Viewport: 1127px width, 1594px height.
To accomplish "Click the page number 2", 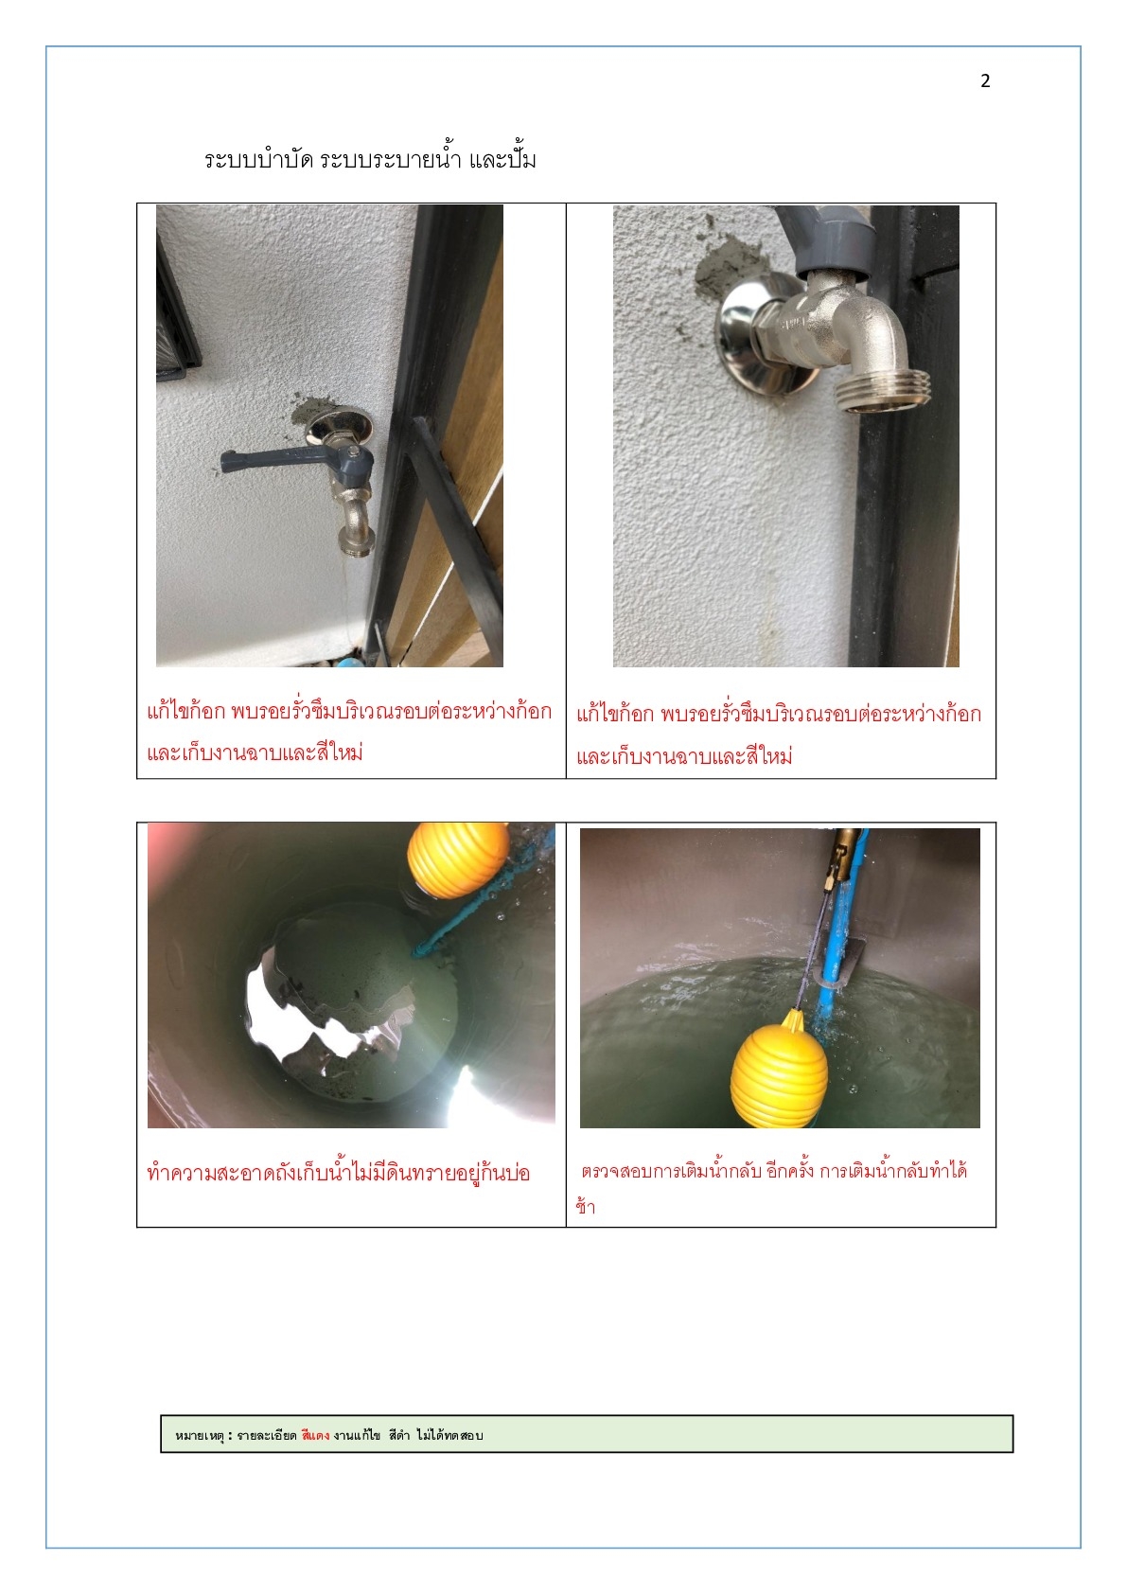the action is tap(985, 81).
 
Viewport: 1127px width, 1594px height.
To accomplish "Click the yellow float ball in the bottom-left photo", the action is tap(457, 859).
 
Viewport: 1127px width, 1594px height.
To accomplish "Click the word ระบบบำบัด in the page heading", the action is tap(258, 159).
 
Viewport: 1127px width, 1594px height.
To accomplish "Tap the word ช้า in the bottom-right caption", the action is tap(585, 1206).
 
